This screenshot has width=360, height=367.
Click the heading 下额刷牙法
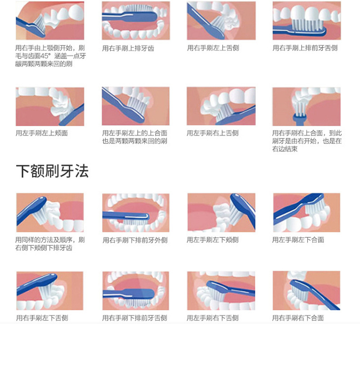pyautogui.click(x=52, y=171)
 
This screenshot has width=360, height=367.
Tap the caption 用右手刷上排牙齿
pyautogui.click(x=128, y=48)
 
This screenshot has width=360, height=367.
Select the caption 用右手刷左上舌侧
pyautogui.click(x=213, y=48)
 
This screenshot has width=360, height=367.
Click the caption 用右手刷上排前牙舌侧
pyautogui.click(x=305, y=48)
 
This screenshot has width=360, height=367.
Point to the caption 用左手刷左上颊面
pyautogui.click(x=41, y=133)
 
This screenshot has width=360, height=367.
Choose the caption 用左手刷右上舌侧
pyautogui.click(x=212, y=133)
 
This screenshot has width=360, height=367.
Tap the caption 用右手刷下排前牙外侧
pyautogui.click(x=135, y=240)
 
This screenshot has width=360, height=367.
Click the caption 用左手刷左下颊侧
pyautogui.click(x=212, y=240)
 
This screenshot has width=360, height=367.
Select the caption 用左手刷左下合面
pyautogui.click(x=298, y=240)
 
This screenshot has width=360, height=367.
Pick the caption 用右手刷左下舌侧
pyautogui.click(x=42, y=318)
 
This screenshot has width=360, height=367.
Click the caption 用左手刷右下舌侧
pyautogui.click(x=212, y=318)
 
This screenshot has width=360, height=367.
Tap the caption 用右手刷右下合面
pyautogui.click(x=298, y=318)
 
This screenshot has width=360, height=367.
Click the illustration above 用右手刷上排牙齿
pyautogui.click(x=135, y=21)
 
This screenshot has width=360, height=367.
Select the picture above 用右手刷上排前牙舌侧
pyautogui.click(x=306, y=21)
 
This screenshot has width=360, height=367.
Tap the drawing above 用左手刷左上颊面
pyautogui.click(x=50, y=107)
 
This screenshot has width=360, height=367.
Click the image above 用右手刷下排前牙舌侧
pyautogui.click(x=135, y=291)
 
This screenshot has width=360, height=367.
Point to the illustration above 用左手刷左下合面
pyautogui.click(x=306, y=213)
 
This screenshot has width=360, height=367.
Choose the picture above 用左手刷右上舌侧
pyautogui.click(x=221, y=107)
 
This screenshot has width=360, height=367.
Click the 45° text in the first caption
pyautogui.click(x=48, y=56)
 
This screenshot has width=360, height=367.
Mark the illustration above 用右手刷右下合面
pyautogui.click(x=306, y=291)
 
